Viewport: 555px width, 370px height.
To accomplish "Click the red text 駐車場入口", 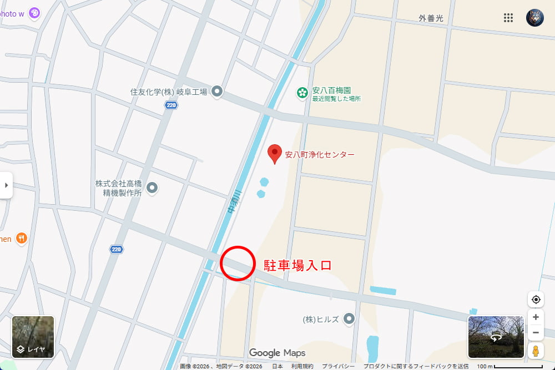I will (297, 265).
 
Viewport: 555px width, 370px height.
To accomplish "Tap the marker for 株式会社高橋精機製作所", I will (152, 188).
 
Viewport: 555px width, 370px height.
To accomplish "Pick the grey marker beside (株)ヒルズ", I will (349, 318).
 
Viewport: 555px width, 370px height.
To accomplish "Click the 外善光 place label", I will (431, 18).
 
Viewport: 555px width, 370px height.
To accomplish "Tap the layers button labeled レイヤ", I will (33, 337).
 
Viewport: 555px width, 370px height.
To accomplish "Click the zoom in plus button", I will (536, 317).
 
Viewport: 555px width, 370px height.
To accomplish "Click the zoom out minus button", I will (536, 333).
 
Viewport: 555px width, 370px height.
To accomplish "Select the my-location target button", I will (536, 300).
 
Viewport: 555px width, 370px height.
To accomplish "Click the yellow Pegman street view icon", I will (536, 351).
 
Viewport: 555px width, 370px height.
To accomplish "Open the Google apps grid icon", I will (508, 18).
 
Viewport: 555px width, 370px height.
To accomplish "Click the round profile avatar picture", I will (535, 18).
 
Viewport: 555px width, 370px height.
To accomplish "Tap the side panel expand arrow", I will (6, 185).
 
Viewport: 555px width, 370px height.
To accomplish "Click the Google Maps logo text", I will (277, 353).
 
